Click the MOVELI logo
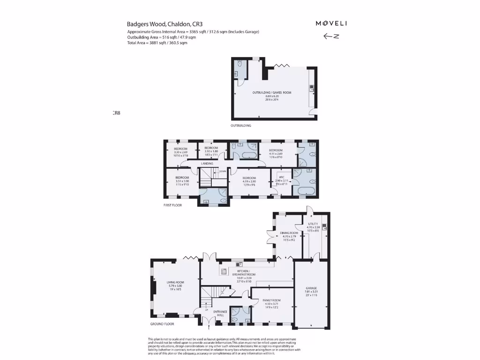tap(331, 23)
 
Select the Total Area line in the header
tap(157, 43)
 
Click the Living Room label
tap(176, 285)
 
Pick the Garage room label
tap(311, 291)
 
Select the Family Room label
tap(271, 303)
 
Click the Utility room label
tap(313, 227)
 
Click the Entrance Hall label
tap(220, 313)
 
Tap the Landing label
tap(207, 164)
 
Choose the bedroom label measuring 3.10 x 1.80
tap(211, 150)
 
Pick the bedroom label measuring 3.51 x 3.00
tap(182, 180)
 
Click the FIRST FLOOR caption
tap(172, 205)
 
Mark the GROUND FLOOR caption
tap(162, 324)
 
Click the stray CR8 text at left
tap(116, 112)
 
